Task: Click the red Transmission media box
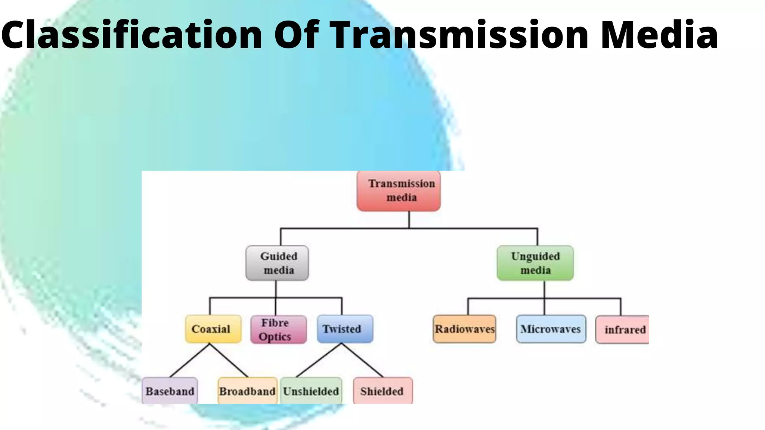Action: [399, 191]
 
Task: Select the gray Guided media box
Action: [277, 263]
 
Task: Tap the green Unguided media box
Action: [535, 263]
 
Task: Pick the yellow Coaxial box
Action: [213, 329]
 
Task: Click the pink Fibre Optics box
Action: [278, 330]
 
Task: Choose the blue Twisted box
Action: [345, 329]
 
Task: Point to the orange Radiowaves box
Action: [464, 329]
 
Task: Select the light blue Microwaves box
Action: [551, 329]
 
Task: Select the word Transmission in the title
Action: [459, 34]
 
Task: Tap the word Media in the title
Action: [659, 34]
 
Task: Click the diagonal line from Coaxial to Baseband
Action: [190, 360]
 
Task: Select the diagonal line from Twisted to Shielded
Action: [362, 360]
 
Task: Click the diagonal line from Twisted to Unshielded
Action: [319, 360]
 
